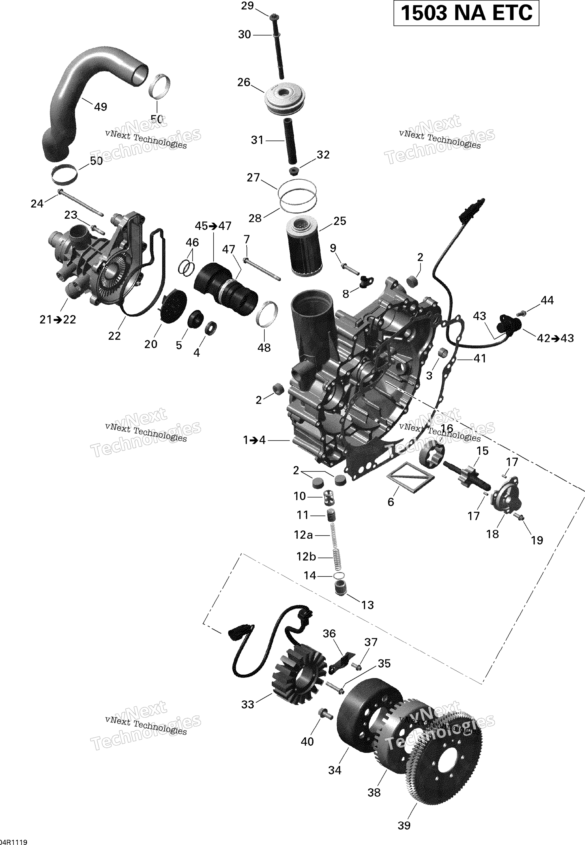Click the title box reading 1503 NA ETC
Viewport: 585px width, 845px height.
466,13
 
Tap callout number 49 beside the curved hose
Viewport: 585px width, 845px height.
101,107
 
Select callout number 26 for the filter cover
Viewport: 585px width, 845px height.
244,83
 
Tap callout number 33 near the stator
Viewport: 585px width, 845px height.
248,704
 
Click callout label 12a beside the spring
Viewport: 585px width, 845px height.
304,535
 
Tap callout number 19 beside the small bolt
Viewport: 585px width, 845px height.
537,540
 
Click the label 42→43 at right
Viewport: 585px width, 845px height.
555,338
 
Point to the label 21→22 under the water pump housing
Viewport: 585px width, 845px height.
58,319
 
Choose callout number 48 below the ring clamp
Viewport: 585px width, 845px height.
264,347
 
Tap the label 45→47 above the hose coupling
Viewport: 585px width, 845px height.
213,226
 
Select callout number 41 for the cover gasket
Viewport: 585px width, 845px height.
480,358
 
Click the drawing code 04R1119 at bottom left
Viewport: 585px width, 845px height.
14,840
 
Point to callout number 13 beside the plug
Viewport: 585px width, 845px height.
367,605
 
